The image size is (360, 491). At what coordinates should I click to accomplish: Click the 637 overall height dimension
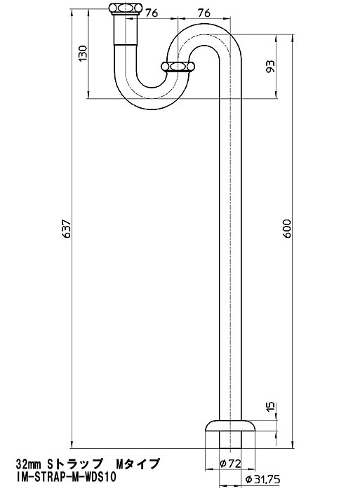click(x=67, y=229)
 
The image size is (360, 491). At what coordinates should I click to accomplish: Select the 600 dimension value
click(x=287, y=229)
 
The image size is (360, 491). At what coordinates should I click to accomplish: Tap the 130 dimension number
click(x=82, y=53)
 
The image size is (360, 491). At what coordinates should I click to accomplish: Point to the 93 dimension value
click(x=270, y=66)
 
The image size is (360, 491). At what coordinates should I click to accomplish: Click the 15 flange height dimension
click(x=271, y=406)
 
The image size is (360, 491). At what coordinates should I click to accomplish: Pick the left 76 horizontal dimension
click(x=152, y=13)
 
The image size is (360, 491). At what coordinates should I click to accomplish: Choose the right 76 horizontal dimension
click(x=204, y=13)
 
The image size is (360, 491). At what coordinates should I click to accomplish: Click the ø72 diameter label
click(x=231, y=464)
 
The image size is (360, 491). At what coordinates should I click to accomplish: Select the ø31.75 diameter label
click(x=263, y=479)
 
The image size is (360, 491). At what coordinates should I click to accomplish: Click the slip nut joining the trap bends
click(x=178, y=67)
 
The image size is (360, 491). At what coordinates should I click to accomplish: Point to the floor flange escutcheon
click(x=231, y=426)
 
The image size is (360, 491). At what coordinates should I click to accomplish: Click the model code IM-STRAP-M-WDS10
click(x=67, y=478)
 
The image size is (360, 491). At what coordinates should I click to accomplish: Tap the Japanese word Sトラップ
click(x=75, y=464)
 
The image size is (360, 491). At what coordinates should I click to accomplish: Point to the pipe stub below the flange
click(x=231, y=440)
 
